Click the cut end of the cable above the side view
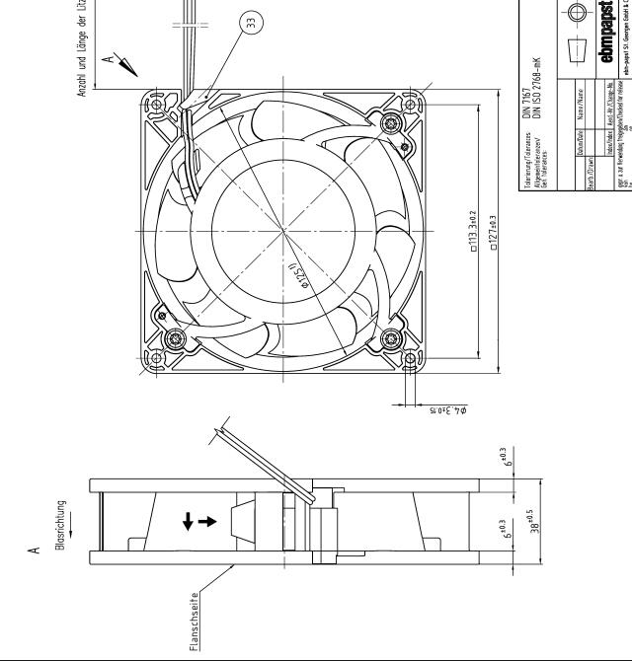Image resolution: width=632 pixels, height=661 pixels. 222,420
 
